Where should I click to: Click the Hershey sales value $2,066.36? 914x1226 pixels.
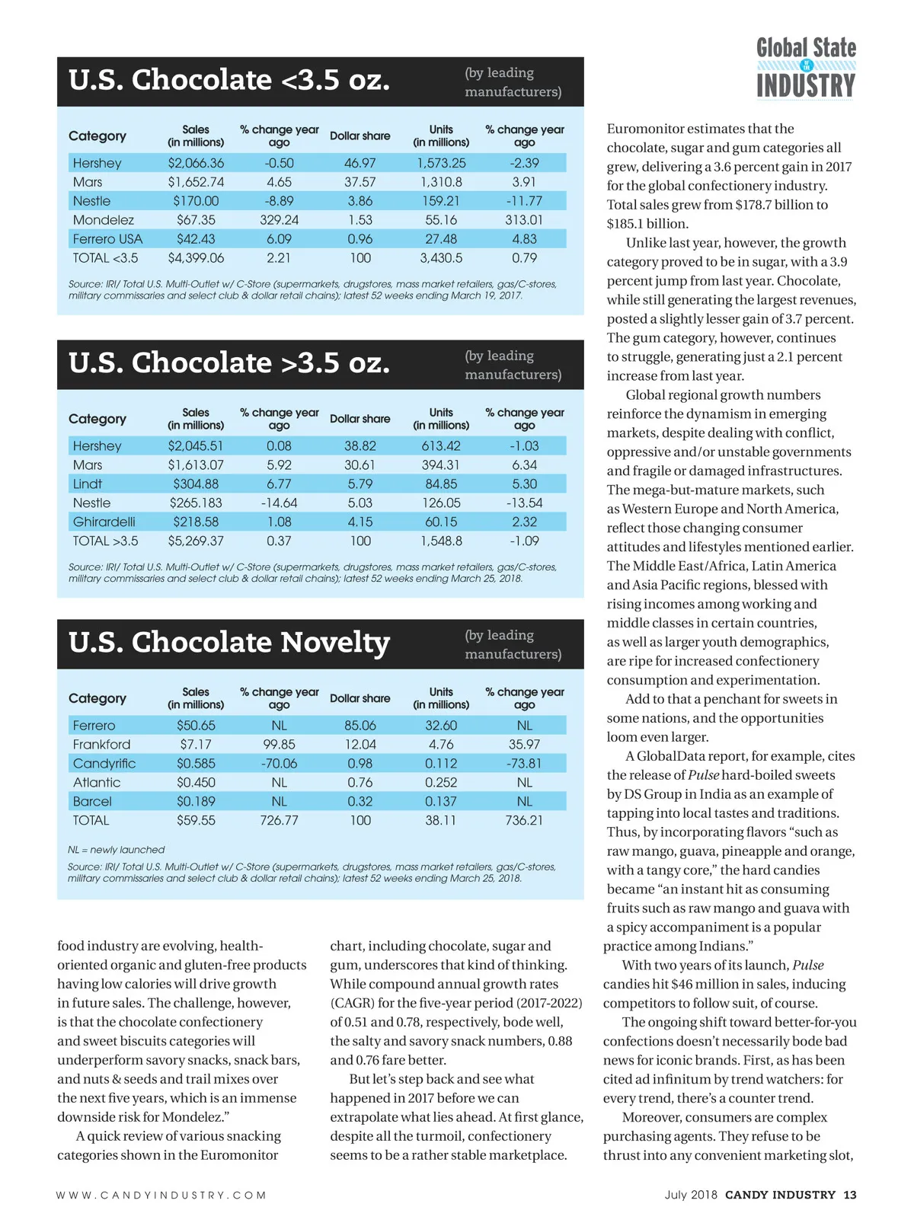(196, 163)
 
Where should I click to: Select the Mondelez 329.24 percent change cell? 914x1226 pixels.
(279, 220)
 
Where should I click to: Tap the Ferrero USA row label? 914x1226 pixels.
(107, 239)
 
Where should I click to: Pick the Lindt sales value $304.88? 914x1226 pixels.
(196, 484)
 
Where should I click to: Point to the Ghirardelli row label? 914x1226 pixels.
(104, 522)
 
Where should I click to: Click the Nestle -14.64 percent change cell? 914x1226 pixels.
(279, 503)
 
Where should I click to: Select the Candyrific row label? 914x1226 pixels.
(104, 764)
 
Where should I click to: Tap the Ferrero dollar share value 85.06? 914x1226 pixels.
(360, 726)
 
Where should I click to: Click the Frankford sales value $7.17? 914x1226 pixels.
(196, 745)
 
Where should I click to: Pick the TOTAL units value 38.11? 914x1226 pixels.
(441, 821)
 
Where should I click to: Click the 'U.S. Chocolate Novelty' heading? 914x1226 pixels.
(229, 643)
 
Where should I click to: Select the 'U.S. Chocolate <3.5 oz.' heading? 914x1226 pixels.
(229, 80)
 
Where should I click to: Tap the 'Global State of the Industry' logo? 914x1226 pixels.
(806, 68)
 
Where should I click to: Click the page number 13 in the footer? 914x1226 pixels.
(850, 1195)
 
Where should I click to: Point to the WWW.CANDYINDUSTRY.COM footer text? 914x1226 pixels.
(161, 1196)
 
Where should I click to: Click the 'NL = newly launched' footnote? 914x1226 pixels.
(116, 850)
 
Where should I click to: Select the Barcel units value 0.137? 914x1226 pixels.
(441, 802)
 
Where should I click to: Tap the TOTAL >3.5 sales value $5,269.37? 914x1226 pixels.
(196, 541)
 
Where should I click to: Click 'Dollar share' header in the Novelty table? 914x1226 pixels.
(360, 698)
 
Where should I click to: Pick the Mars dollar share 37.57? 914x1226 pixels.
(360, 182)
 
